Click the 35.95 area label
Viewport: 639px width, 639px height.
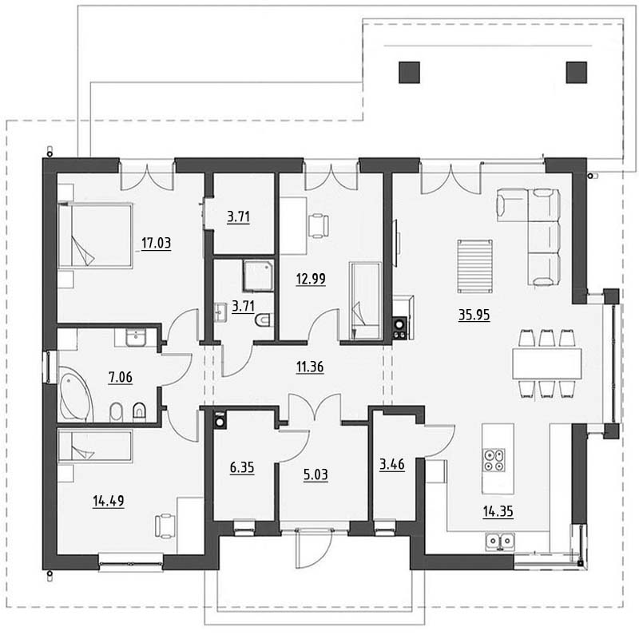[x=474, y=315]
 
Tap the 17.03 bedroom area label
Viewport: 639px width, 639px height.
[x=156, y=243]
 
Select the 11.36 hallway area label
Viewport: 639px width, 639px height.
[x=310, y=367]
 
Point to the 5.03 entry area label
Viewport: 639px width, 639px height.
[x=316, y=474]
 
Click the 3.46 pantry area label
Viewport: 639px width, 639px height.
[x=392, y=464]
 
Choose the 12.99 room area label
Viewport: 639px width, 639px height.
[x=311, y=279]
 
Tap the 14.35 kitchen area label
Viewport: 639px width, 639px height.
[x=498, y=511]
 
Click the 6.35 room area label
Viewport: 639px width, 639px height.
[x=242, y=467]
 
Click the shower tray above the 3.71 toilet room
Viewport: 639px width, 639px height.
[x=258, y=276]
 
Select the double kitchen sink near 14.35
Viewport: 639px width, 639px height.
[x=500, y=541]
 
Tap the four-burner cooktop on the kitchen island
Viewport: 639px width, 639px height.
[x=494, y=460]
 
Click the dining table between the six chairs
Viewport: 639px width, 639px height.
[x=546, y=363]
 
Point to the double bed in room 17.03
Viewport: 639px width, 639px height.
[x=95, y=236]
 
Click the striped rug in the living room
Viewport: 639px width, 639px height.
[x=474, y=266]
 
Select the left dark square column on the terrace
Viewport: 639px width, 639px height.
[x=409, y=73]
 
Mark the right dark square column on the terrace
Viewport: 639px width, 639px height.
[x=576, y=73]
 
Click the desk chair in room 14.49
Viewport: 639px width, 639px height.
[x=165, y=526]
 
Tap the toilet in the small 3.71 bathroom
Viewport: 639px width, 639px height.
[x=264, y=320]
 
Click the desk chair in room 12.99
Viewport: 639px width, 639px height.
[x=318, y=226]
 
